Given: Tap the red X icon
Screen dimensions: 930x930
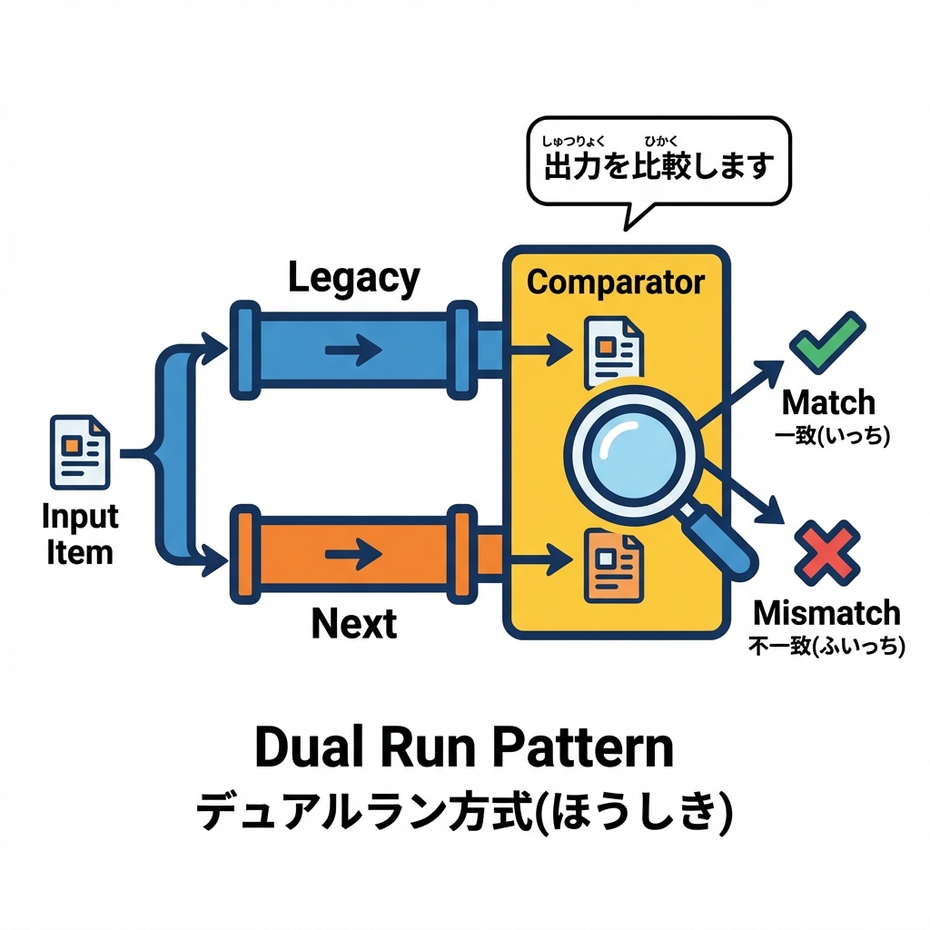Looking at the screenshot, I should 827,552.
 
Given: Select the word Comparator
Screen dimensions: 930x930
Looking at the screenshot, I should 615,282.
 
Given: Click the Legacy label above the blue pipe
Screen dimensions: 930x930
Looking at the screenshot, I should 354,278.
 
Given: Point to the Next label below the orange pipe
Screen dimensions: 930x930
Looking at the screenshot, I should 354,624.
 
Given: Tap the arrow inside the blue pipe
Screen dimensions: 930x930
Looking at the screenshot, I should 353,349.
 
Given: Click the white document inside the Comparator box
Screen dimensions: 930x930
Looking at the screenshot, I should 613,351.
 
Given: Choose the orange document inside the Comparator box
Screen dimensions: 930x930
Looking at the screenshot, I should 613,566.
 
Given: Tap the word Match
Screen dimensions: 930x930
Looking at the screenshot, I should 828,402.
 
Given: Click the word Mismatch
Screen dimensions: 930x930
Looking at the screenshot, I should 827,613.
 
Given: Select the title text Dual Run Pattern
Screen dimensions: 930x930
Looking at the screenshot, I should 464,748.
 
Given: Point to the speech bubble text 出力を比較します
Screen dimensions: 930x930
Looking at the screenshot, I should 659,166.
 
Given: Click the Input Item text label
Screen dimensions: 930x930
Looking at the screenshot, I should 80,534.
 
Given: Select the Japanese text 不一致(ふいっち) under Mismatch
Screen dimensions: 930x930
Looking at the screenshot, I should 826,647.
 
